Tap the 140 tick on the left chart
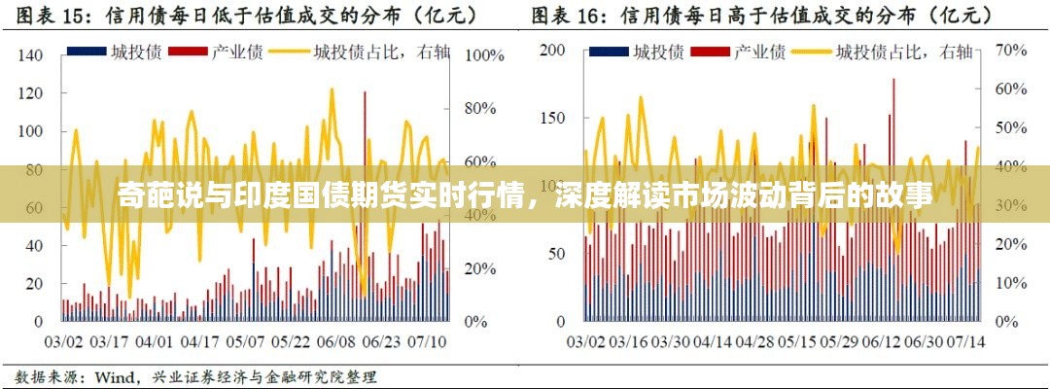[30, 56]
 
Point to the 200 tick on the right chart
[551, 50]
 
